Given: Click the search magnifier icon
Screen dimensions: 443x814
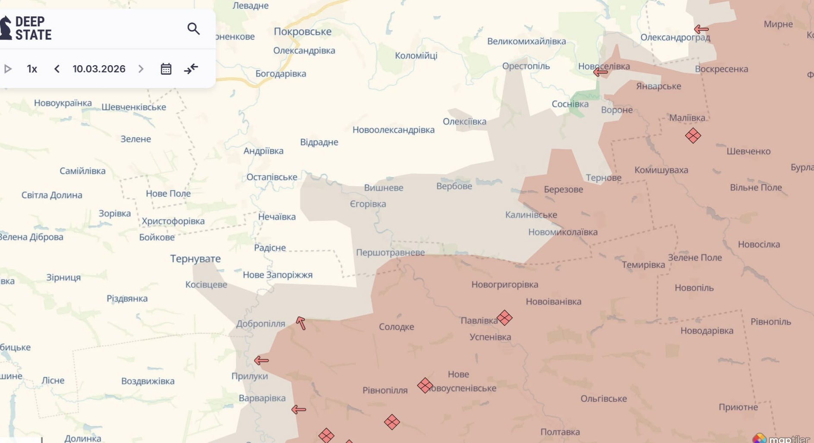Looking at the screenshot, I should click(193, 29).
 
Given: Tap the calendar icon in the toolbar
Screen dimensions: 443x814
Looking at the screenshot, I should click(166, 69).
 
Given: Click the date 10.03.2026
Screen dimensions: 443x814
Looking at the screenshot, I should click(99, 69).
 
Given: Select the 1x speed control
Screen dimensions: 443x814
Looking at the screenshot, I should click(32, 69).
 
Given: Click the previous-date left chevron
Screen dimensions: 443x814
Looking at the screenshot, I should click(57, 69).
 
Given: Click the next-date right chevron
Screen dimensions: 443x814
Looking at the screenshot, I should click(141, 69).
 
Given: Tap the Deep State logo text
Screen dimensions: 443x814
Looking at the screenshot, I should click(33, 28).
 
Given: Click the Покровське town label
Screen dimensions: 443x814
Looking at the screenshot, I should click(302, 31).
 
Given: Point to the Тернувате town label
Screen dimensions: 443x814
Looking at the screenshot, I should click(195, 259).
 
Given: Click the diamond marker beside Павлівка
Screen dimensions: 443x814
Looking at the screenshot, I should click(504, 318).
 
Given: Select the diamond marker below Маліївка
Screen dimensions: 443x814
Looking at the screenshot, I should click(693, 136).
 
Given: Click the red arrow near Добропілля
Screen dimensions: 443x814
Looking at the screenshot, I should click(301, 323).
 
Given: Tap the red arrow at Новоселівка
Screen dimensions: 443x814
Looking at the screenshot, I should click(600, 72).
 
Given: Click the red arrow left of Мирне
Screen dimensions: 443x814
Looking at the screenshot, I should click(701, 29).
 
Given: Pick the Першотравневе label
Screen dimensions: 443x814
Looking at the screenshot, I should click(390, 253).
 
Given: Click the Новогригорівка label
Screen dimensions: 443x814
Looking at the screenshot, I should click(505, 285).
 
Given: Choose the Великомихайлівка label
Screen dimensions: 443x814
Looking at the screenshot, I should click(526, 41).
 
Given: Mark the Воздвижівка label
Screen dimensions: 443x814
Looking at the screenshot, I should click(148, 381).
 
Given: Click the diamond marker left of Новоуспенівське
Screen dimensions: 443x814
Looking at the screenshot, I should click(425, 385).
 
